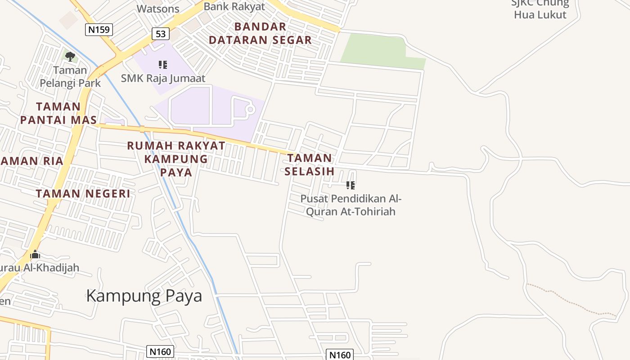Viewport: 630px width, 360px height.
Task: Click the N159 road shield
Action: pyautogui.click(x=99, y=30)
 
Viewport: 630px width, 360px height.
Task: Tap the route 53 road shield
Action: pyautogui.click(x=161, y=33)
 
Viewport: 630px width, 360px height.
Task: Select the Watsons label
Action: pyautogui.click(x=158, y=9)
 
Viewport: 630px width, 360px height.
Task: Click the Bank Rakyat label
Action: pyautogui.click(x=234, y=7)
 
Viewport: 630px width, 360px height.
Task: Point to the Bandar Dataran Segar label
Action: pyautogui.click(x=260, y=33)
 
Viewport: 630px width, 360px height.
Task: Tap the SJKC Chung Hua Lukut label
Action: pyautogui.click(x=540, y=9)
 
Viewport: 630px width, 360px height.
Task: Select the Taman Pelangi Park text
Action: pyautogui.click(x=70, y=77)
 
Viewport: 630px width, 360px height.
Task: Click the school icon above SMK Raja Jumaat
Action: pyautogui.click(x=163, y=65)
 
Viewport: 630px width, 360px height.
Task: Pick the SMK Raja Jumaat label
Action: pyautogui.click(x=163, y=78)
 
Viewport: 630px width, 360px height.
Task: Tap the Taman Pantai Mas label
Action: pyautogui.click(x=58, y=113)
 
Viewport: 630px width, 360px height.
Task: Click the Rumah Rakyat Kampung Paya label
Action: pyautogui.click(x=176, y=159)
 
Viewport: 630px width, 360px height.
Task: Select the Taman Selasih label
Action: pyautogui.click(x=310, y=165)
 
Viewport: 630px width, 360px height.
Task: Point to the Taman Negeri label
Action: pyautogui.click(x=83, y=193)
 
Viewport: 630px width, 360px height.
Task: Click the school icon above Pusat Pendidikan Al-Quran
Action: pyautogui.click(x=351, y=185)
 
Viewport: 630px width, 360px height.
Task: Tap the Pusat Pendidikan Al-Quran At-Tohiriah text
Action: pyautogui.click(x=351, y=205)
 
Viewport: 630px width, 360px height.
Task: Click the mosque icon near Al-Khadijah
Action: pyautogui.click(x=35, y=255)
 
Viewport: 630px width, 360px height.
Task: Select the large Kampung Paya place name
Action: pyautogui.click(x=144, y=296)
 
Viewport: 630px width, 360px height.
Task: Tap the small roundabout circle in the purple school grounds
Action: pyautogui.click(x=250, y=109)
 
